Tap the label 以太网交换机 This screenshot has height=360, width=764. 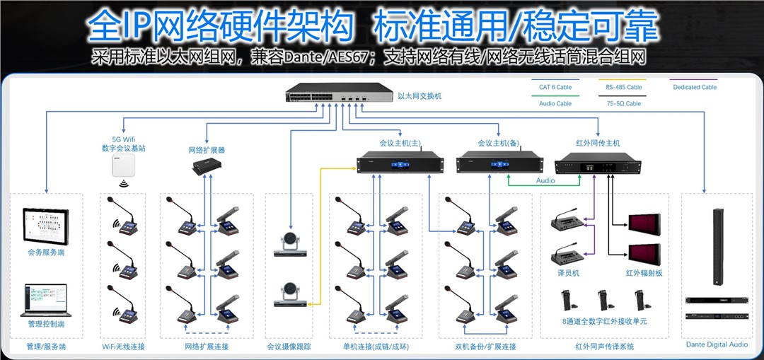419,95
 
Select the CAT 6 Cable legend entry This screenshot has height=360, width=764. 555,87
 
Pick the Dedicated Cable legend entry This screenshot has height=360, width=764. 694,87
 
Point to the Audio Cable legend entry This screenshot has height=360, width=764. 555,103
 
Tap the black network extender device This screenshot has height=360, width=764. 207,167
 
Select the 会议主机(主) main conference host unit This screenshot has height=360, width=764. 400,164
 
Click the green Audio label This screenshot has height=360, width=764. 545,181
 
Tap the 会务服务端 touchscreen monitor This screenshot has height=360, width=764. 45,225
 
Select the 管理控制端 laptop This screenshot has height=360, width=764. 45,300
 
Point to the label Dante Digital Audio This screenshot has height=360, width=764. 716,345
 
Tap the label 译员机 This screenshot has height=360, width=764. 569,272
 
